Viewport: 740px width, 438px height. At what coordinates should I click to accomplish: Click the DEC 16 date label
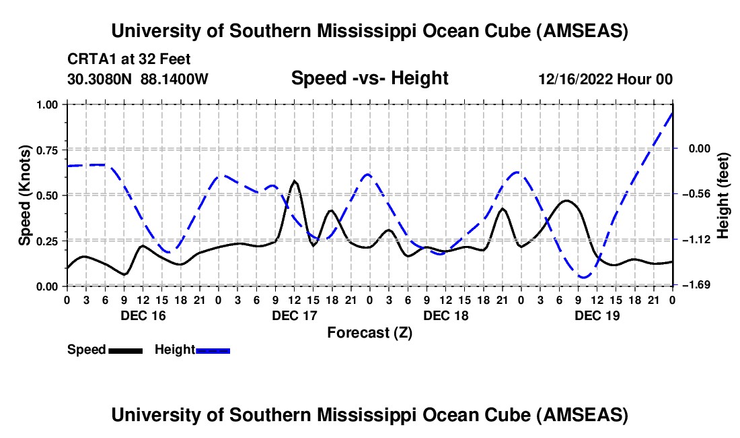[x=143, y=315]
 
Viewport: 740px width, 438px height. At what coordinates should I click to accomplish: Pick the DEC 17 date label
[x=294, y=315]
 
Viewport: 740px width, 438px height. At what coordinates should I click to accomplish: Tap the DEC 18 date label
[x=445, y=315]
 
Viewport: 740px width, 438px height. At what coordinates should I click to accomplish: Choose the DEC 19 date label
[x=597, y=315]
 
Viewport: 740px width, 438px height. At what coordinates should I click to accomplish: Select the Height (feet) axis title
[x=724, y=195]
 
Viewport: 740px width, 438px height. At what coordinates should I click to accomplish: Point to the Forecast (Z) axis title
[x=369, y=332]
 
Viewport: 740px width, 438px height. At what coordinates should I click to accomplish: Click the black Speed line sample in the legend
[x=125, y=350]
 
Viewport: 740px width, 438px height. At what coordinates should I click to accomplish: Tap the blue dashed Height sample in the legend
[x=213, y=350]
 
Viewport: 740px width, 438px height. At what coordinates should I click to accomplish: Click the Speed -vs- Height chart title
[x=369, y=78]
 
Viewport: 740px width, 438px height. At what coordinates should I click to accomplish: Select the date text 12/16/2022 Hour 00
[x=605, y=80]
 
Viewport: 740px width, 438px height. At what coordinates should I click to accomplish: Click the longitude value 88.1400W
[x=175, y=80]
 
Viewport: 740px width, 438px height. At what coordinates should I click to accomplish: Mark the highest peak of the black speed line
[x=295, y=181]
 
